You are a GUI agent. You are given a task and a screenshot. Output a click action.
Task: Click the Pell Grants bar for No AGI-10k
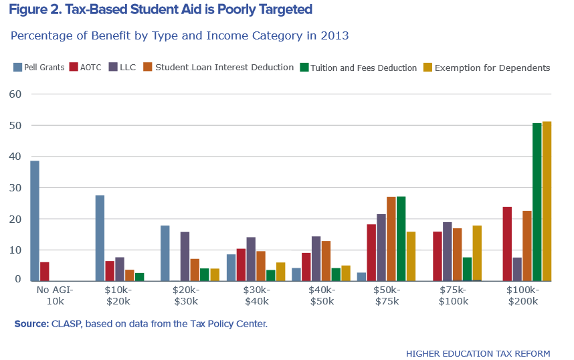[35, 220]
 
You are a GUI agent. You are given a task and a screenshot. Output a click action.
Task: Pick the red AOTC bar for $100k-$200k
[507, 244]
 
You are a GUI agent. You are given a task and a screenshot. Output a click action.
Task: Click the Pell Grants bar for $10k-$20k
[100, 238]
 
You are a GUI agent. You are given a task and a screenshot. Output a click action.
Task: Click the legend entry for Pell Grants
[38, 68]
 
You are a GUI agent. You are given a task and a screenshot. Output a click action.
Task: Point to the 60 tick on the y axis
[15, 94]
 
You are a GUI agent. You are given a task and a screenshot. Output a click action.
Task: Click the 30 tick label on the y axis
[15, 188]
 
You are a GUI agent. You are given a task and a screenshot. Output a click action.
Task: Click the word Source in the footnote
[31, 325]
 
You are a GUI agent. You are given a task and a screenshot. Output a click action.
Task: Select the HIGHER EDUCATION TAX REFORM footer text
[478, 353]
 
